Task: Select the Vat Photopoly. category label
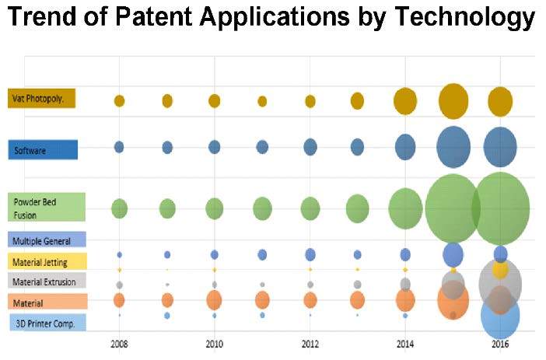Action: coord(42,99)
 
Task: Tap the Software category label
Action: coord(42,150)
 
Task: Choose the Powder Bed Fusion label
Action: coord(45,208)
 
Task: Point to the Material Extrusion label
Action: coord(47,281)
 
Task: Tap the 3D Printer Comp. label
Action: coord(47,323)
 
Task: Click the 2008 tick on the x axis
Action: coord(119,343)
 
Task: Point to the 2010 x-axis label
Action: coord(214,343)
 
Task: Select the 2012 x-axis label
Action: coord(310,343)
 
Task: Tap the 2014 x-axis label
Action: coord(405,343)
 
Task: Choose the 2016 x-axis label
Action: coord(500,343)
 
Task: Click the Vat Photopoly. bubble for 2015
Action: coord(453,101)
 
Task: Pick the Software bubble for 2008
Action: coord(119,146)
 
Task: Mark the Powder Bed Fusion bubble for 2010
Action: coord(214,208)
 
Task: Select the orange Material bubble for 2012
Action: coord(310,299)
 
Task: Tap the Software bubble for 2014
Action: coord(405,146)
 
